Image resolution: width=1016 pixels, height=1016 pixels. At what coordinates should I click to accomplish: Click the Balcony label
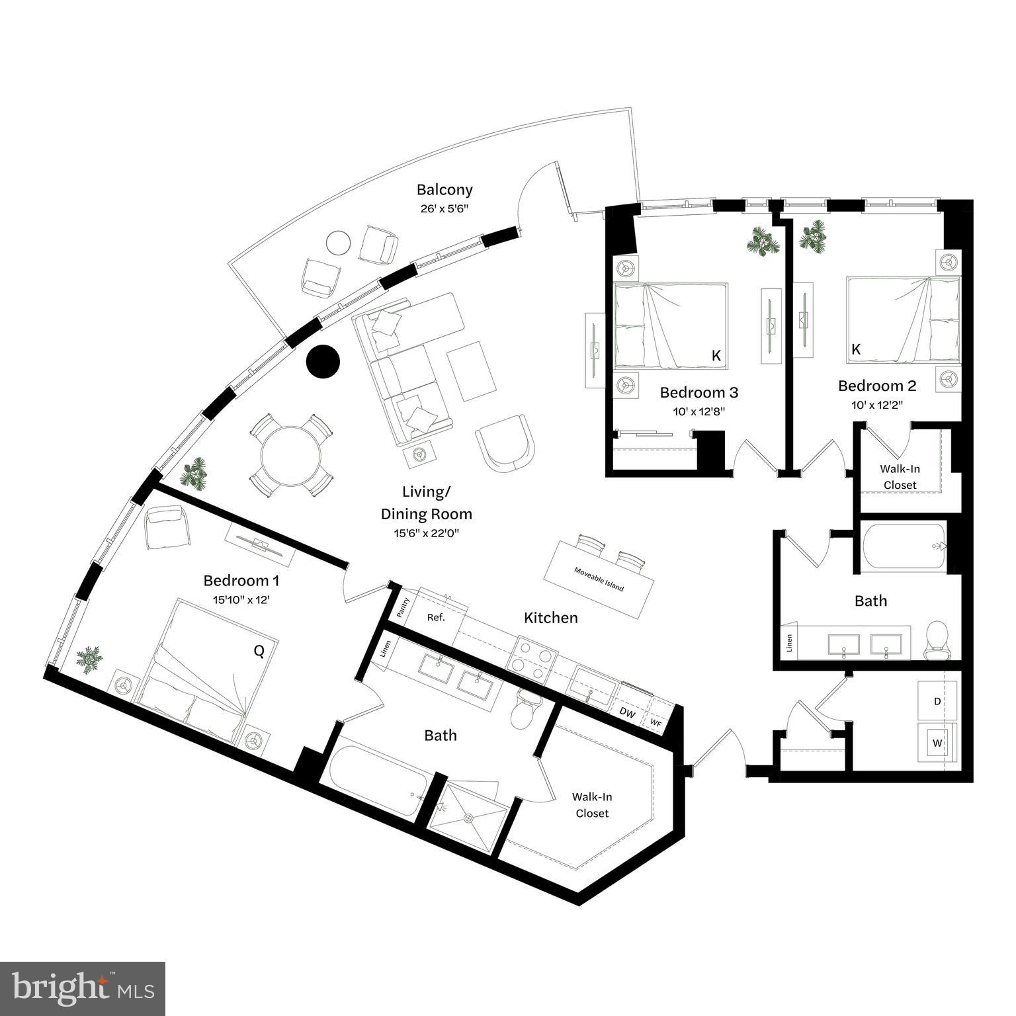point(444,190)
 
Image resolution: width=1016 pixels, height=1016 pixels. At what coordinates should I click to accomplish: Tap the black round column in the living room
point(323,362)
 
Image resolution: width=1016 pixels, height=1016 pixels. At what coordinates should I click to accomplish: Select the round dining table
point(291,456)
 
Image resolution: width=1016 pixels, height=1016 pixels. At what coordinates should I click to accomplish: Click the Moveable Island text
point(599,579)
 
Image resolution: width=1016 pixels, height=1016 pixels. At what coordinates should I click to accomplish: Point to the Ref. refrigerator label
point(435,617)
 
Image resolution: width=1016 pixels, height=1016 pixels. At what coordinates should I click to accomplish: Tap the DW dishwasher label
point(627,713)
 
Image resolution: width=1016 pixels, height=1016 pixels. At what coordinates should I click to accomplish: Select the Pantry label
point(403,607)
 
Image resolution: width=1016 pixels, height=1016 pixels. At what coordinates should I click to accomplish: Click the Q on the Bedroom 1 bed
point(259,652)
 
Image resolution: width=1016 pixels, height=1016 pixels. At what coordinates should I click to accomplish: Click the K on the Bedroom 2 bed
point(856,349)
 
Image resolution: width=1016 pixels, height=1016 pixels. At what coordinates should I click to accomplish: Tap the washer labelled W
point(937,743)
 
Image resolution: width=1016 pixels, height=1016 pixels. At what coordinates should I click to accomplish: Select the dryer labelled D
point(937,702)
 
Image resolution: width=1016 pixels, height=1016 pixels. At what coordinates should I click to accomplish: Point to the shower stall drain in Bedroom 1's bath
point(468,818)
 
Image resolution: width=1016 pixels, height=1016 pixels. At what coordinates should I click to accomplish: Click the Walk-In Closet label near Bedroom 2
point(900,476)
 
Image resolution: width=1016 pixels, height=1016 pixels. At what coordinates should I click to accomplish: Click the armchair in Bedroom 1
point(166,526)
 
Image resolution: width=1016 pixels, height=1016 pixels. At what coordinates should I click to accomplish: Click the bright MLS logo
point(83,988)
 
